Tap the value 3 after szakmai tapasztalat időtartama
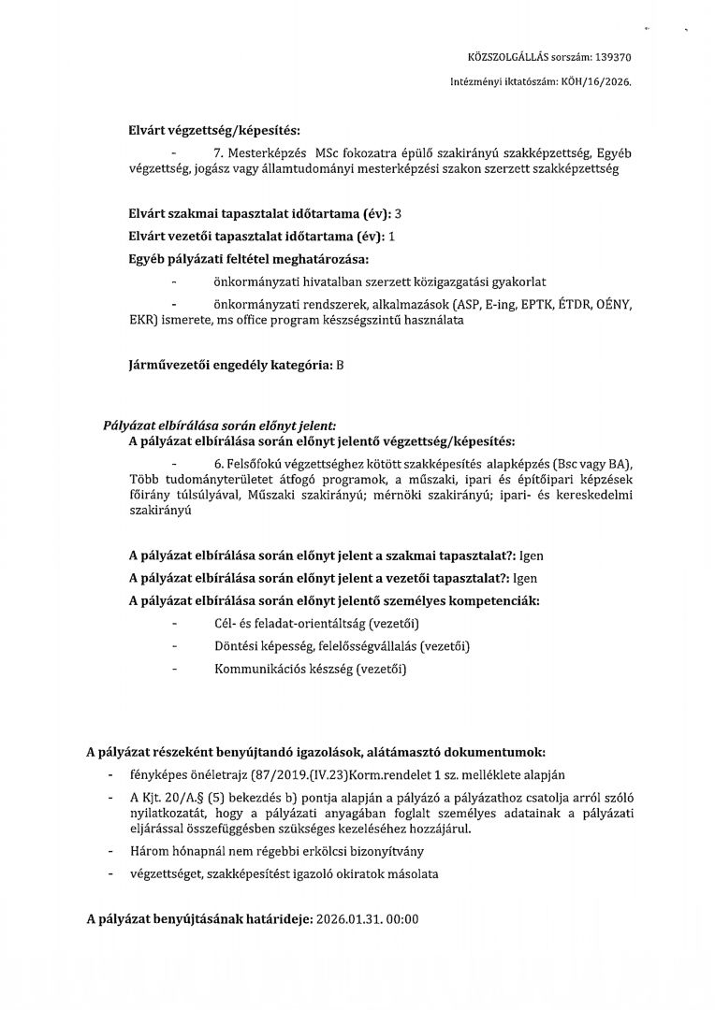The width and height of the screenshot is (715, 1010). [398, 214]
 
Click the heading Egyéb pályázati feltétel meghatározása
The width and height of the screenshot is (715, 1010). [249, 258]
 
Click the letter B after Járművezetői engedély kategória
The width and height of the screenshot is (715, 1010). [340, 365]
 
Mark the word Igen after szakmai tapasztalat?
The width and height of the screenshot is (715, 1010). [531, 555]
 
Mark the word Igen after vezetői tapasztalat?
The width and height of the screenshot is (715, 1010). [525, 577]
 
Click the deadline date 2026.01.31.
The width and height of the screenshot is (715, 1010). [352, 919]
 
